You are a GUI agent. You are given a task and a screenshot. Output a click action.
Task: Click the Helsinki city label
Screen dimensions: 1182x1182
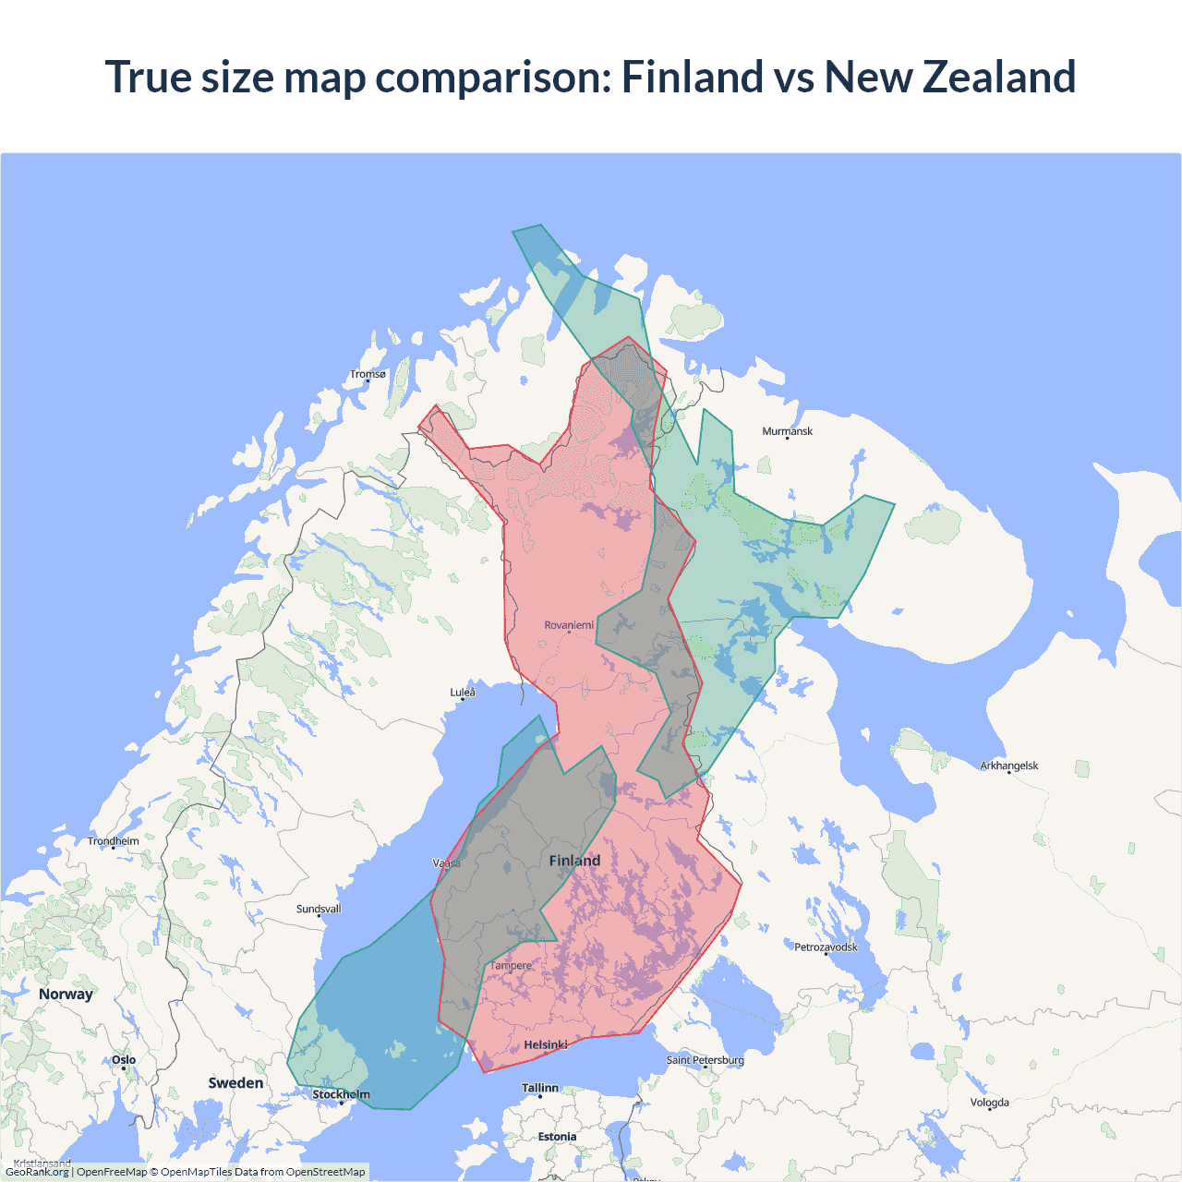tap(546, 1045)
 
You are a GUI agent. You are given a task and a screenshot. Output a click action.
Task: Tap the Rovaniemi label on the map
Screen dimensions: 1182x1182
tap(569, 625)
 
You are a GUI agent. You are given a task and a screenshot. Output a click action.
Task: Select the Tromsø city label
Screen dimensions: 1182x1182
tap(368, 374)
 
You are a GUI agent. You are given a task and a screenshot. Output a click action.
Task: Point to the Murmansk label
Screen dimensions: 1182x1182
tap(787, 431)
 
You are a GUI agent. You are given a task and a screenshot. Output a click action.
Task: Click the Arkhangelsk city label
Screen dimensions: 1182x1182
tap(1008, 766)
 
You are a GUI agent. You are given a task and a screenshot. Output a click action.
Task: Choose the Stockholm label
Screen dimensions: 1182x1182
tap(341, 1094)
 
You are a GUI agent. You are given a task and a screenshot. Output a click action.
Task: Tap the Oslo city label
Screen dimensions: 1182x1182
tap(124, 1060)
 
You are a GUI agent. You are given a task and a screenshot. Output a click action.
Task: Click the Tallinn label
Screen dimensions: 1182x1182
tap(540, 1088)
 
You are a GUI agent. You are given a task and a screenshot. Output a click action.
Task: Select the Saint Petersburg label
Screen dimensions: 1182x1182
tap(705, 1060)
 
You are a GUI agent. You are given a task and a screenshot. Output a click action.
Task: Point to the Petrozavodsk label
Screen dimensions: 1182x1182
tap(826, 947)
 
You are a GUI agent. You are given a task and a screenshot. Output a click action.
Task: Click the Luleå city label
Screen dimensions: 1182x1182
tap(463, 693)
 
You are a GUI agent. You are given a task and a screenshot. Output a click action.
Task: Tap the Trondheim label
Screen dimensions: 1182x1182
tap(114, 841)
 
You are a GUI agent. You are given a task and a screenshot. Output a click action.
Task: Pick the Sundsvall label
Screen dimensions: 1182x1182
tap(319, 909)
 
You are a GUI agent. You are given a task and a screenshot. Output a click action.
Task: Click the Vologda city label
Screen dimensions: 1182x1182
tap(989, 1103)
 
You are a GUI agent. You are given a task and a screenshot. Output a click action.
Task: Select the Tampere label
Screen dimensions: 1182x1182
tap(511, 966)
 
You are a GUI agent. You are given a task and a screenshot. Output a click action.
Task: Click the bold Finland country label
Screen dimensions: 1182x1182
tap(574, 861)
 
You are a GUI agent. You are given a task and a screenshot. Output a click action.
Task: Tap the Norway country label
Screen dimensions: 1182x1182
tap(66, 994)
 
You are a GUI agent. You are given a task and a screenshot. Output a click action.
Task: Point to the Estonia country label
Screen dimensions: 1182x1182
tap(557, 1137)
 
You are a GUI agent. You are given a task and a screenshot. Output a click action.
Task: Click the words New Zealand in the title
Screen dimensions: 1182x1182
tap(949, 77)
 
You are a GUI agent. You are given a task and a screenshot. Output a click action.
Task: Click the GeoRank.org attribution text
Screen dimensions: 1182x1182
tap(37, 1172)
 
